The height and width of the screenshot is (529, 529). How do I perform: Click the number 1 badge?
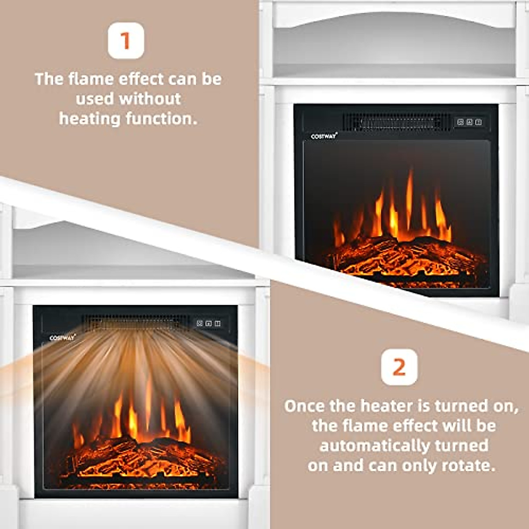126,41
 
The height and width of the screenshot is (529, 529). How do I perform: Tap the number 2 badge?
399,367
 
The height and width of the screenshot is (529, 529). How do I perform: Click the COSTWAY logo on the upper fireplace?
324,136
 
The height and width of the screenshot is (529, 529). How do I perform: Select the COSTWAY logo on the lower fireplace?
62,338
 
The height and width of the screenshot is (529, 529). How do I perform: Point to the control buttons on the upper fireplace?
469,122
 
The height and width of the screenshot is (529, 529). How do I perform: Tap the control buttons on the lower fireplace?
209,324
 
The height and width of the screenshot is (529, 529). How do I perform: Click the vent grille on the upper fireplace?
392,122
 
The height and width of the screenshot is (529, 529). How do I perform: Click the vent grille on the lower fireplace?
134,322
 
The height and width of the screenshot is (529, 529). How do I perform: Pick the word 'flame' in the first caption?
91,79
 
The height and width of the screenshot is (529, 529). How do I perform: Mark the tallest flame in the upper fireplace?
410,198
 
